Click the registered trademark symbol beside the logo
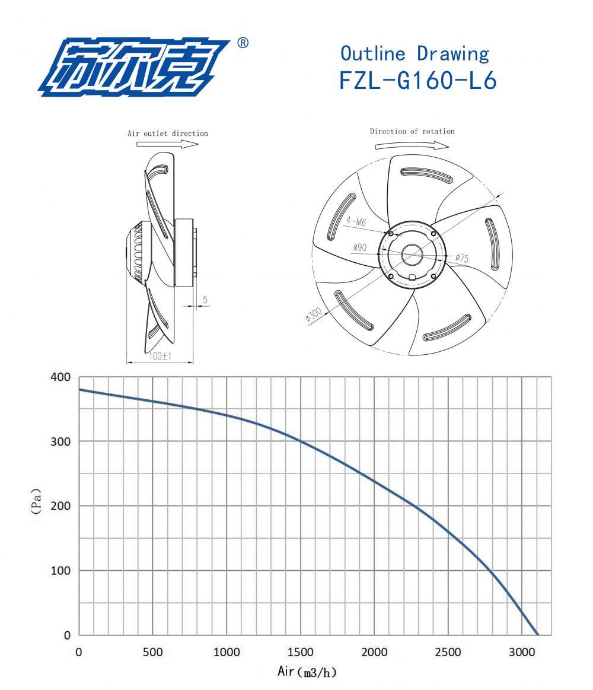[243, 43]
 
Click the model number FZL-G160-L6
[418, 80]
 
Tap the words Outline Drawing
[415, 53]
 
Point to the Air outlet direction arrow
[168, 144]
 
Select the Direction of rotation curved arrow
[412, 145]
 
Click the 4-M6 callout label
[356, 221]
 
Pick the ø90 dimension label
[359, 247]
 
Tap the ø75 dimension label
[462, 258]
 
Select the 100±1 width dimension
[160, 356]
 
